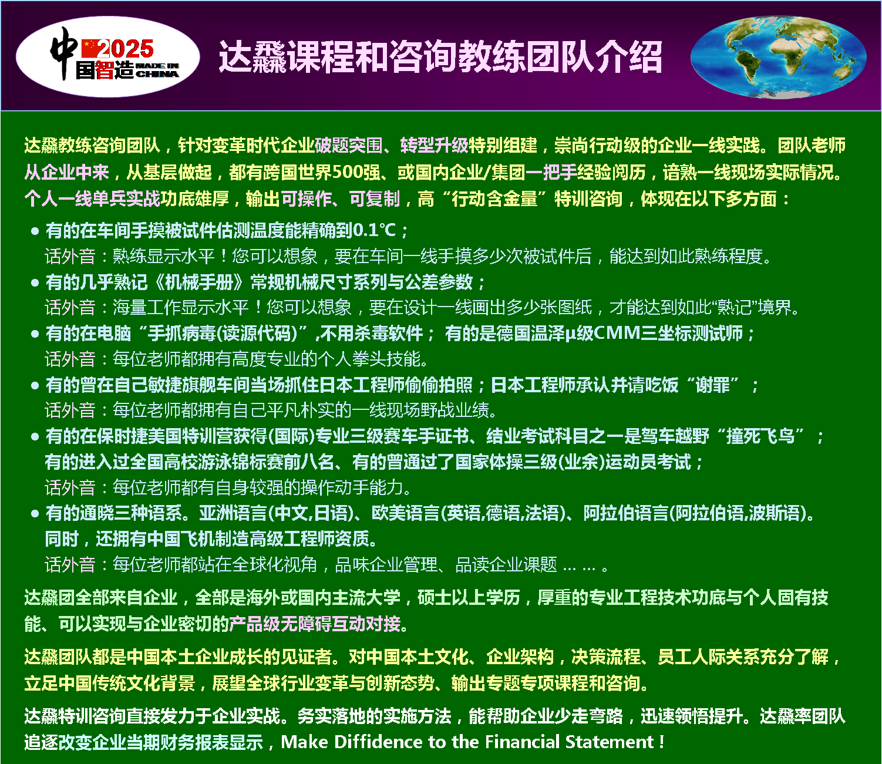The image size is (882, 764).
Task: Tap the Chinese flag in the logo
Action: coord(90,49)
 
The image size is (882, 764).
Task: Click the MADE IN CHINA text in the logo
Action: coord(157,70)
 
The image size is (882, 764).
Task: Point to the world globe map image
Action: coord(778,58)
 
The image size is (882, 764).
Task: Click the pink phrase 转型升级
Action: coord(435,146)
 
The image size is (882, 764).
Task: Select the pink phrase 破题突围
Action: coord(349,146)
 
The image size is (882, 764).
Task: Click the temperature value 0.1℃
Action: coord(374,230)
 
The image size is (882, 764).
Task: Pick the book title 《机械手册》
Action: coord(199,282)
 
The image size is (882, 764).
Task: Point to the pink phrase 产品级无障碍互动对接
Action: coord(315,624)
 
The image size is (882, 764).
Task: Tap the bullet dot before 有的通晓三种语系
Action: coord(35,513)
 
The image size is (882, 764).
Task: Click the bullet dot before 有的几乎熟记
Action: coord(35,282)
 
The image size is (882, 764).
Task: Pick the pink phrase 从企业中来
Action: coord(66,172)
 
